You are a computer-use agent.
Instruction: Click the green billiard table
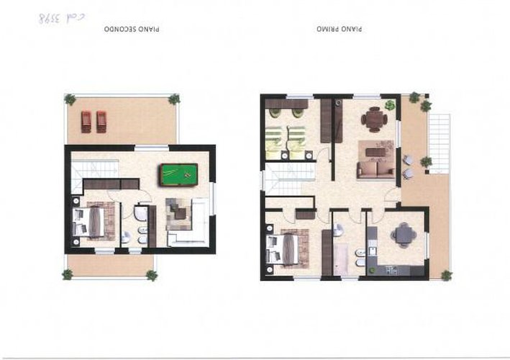click(179, 175)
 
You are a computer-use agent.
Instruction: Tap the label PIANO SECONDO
click(132, 29)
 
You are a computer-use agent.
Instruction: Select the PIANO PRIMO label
click(340, 29)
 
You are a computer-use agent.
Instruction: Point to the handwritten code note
click(61, 18)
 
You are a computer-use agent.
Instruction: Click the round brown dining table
click(374, 119)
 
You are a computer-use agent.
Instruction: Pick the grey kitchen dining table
click(404, 234)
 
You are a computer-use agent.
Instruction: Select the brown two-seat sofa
click(376, 169)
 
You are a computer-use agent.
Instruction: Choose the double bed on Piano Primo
click(282, 248)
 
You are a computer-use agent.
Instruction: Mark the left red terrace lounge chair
click(86, 122)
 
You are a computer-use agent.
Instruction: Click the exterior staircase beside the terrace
click(439, 143)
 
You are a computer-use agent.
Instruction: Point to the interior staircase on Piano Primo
click(290, 179)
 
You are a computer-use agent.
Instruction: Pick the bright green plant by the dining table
click(390, 105)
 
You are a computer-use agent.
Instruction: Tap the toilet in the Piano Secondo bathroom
click(126, 238)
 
